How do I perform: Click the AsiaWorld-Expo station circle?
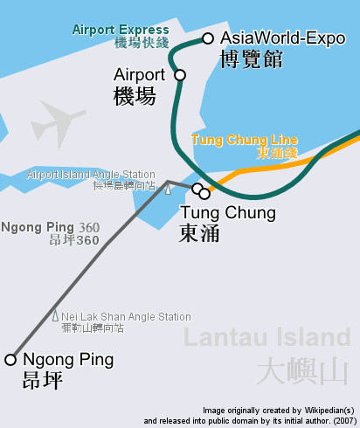click(x=208, y=38)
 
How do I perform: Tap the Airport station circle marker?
click(x=181, y=75)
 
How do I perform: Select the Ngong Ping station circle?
click(x=10, y=359)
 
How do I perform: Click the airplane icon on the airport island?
click(x=58, y=122)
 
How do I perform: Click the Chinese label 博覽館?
click(x=251, y=59)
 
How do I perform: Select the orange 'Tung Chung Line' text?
click(x=244, y=140)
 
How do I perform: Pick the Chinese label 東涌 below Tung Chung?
click(x=199, y=233)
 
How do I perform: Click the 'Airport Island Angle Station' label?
click(x=91, y=175)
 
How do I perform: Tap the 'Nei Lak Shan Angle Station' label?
click(x=126, y=317)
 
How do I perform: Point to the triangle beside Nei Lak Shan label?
click(x=55, y=316)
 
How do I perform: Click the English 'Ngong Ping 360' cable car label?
click(x=51, y=228)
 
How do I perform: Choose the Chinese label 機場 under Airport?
click(x=135, y=96)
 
